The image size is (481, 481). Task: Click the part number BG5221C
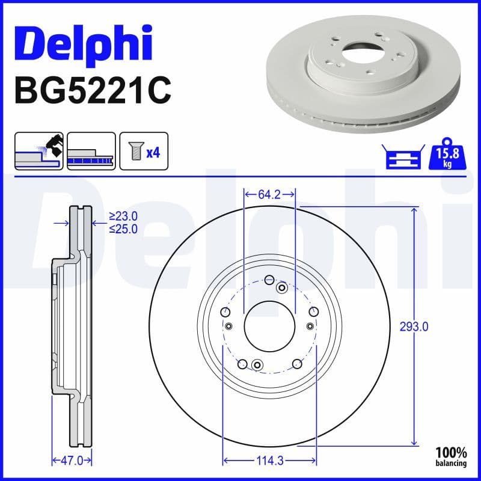coord(93,91)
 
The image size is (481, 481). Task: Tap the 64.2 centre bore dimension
coord(269,194)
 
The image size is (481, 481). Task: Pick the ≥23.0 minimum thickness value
coord(123,216)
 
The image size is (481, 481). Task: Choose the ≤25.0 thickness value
coord(123,228)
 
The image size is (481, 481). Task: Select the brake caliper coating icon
coord(38,151)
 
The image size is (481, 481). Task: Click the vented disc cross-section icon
coord(91,151)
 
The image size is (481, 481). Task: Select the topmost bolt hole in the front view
coord(269,279)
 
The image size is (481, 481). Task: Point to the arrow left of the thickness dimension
coord(61,223)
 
